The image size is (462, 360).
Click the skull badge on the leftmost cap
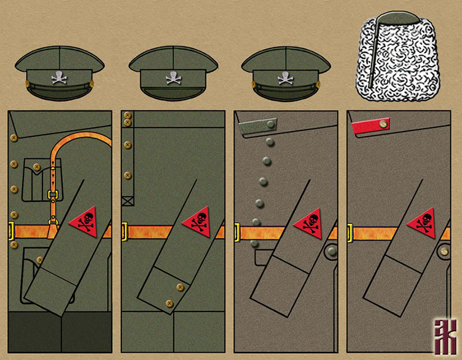coord(59,78)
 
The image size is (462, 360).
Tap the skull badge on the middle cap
coord(172,78)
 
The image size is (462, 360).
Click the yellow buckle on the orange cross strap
coord(54,196)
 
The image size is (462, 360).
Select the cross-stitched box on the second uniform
coord(128,199)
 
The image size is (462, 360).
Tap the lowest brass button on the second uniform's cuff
coord(169,303)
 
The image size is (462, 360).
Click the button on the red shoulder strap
coord(383,125)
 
